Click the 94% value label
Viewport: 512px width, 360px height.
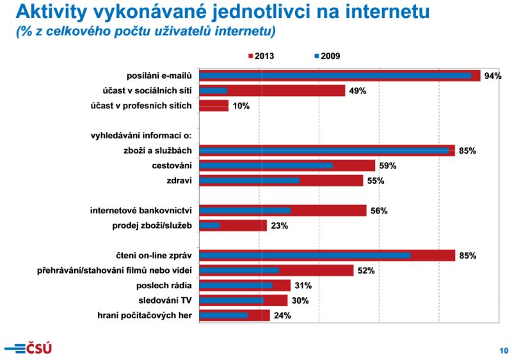pyautogui.click(x=493, y=76)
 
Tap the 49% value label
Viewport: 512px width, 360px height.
pyautogui.click(x=357, y=91)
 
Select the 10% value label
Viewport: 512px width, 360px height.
pyautogui.click(x=241, y=106)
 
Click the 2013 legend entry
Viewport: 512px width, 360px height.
pyautogui.click(x=261, y=56)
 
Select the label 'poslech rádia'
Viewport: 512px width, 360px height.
pyautogui.click(x=164, y=285)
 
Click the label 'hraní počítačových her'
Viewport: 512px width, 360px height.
pyautogui.click(x=145, y=315)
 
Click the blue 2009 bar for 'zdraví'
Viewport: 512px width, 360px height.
pyautogui.click(x=249, y=181)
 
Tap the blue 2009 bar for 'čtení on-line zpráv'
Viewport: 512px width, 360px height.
pyautogui.click(x=305, y=256)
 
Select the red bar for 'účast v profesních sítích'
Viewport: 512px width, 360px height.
pyautogui.click(x=214, y=106)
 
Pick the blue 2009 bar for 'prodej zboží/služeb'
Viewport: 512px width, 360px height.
pyautogui.click(x=209, y=225)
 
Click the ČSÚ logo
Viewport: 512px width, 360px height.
pyautogui.click(x=28, y=348)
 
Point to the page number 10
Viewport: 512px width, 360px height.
pyautogui.click(x=504, y=350)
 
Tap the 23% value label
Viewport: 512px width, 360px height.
pyautogui.click(x=279, y=225)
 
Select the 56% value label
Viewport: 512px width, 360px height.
pyautogui.click(x=379, y=210)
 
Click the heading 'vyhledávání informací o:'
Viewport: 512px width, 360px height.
pyautogui.click(x=141, y=136)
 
